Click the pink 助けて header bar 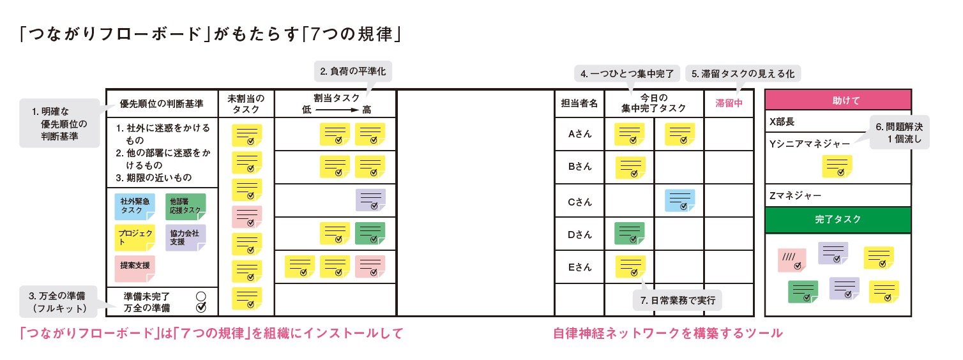point(837,100)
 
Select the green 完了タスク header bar point(837,219)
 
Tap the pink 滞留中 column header point(729,103)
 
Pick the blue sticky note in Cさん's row point(679,200)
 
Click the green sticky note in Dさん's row point(629,234)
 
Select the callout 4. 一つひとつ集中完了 point(628,74)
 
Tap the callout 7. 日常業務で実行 point(677,299)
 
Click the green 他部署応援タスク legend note point(185,206)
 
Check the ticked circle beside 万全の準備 point(201,307)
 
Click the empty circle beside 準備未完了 point(201,296)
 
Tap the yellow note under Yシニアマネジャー point(837,167)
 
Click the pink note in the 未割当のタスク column point(246,217)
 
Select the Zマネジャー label point(796,196)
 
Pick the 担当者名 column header point(579,103)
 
